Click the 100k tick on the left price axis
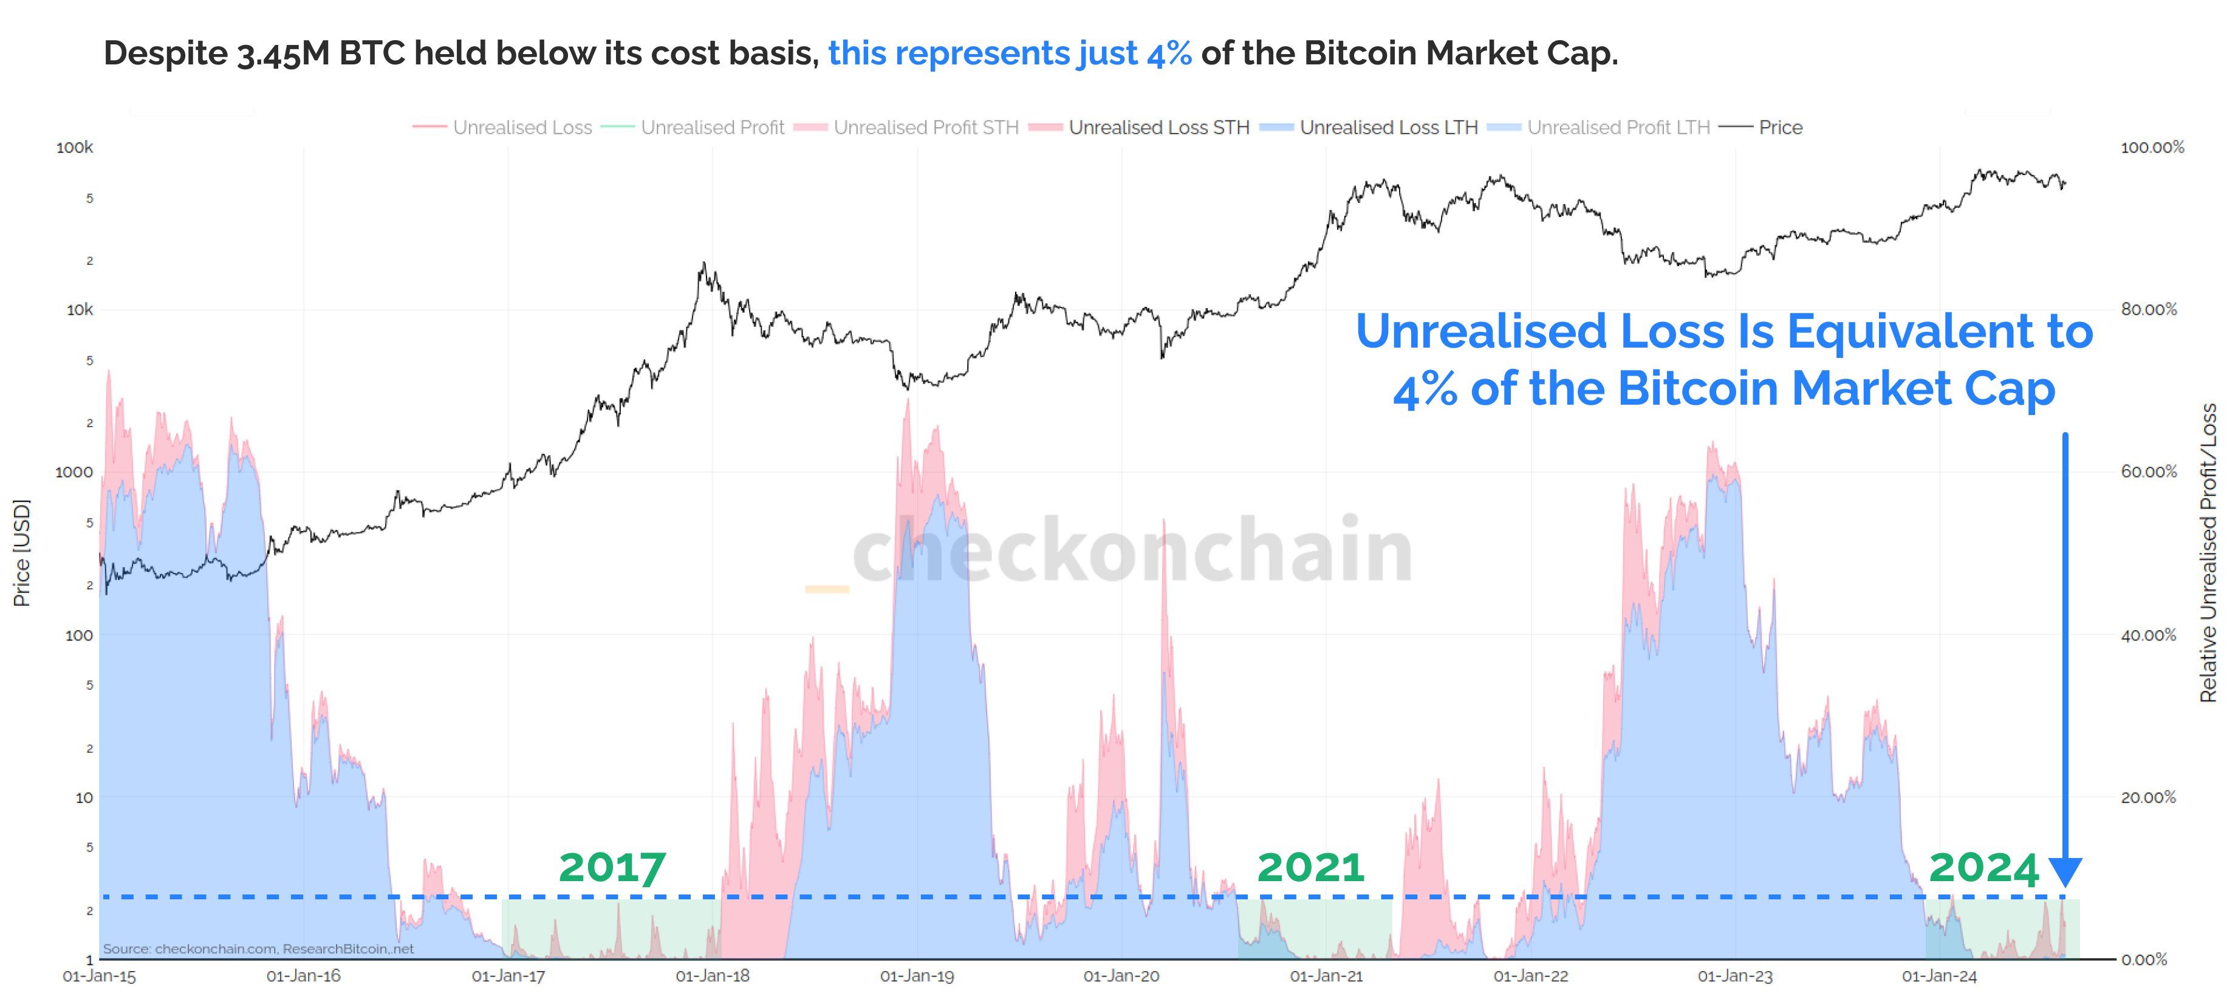pyautogui.click(x=75, y=148)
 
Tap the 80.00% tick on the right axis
pyautogui.click(x=2149, y=309)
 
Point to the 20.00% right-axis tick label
pyautogui.click(x=2149, y=797)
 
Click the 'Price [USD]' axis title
pyautogui.click(x=22, y=552)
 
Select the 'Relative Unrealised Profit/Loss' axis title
pyautogui.click(x=2208, y=552)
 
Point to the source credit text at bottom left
pyautogui.click(x=258, y=949)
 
